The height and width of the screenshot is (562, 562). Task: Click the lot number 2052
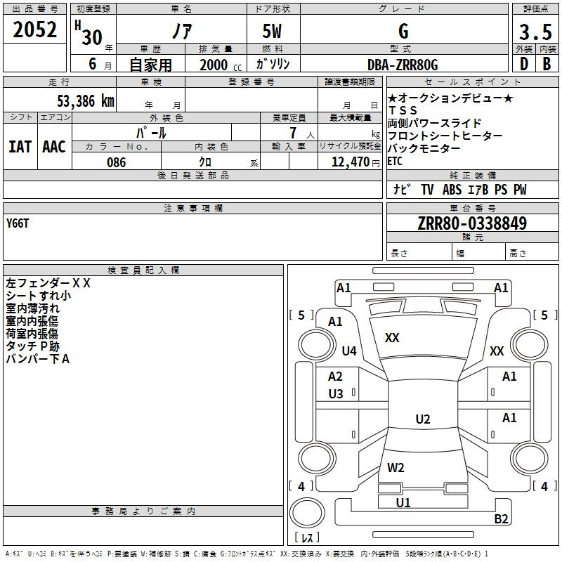coord(34,30)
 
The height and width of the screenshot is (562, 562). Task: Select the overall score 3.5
coord(535,32)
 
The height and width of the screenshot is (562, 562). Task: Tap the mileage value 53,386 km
coord(86,100)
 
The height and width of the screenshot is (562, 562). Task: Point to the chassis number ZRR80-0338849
coord(472,223)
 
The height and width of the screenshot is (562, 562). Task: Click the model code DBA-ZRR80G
coord(403,65)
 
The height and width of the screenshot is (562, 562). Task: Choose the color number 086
coord(116,162)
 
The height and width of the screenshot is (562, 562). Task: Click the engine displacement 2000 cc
coord(221,65)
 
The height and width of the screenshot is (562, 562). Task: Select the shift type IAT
coord(20,147)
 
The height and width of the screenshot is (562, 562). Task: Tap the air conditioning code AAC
coord(54,147)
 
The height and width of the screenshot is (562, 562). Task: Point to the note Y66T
coord(17,223)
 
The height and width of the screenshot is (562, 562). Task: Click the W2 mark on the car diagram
coord(396,467)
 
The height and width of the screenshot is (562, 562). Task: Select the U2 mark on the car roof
coord(423,419)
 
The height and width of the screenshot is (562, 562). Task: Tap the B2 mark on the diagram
coord(501,518)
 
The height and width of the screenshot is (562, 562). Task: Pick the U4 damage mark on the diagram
coord(349,351)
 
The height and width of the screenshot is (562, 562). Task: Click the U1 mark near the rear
coord(403,502)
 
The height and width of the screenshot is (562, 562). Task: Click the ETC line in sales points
coord(395,162)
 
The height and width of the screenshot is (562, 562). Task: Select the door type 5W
coord(272,32)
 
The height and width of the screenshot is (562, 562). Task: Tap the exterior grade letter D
coord(524,64)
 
